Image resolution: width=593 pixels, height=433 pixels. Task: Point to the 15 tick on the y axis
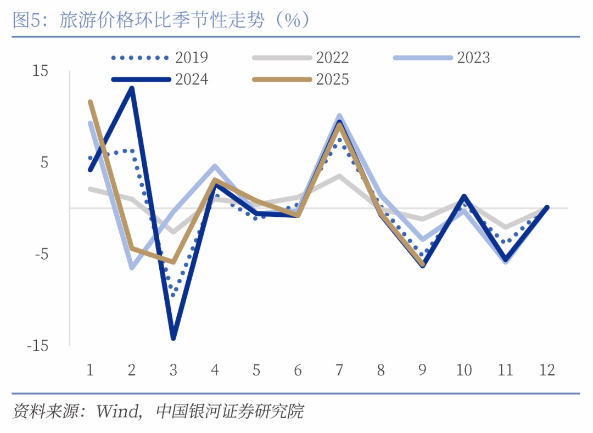(x=41, y=71)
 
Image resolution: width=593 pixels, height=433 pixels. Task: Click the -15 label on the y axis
(x=37, y=346)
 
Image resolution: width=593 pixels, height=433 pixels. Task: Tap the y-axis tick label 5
(x=44, y=162)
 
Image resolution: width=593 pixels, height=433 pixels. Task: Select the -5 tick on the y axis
(x=41, y=254)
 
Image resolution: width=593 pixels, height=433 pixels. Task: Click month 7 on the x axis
(x=339, y=370)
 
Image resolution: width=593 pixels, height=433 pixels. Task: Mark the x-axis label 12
(x=546, y=370)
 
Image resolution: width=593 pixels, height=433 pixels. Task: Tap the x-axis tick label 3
(x=174, y=370)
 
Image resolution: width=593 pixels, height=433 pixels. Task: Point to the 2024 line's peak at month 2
(x=132, y=88)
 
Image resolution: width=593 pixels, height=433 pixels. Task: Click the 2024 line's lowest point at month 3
(x=174, y=338)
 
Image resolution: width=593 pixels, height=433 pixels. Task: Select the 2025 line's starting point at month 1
(x=90, y=102)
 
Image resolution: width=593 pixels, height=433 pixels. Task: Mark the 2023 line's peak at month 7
(x=339, y=116)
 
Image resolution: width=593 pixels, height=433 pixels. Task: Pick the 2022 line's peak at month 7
(x=339, y=176)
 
